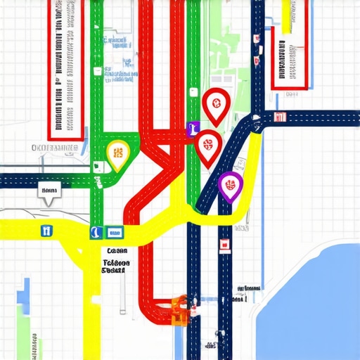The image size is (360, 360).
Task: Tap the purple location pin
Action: coord(230,185)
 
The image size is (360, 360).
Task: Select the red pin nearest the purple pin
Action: coord(207,146)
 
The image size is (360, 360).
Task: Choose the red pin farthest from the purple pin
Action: coord(214,105)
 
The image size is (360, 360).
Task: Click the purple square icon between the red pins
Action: coord(191,129)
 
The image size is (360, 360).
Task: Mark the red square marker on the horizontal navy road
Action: coord(280,117)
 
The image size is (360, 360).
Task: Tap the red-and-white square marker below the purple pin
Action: coord(225,244)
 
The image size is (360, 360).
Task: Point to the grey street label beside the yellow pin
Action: coord(55,148)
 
